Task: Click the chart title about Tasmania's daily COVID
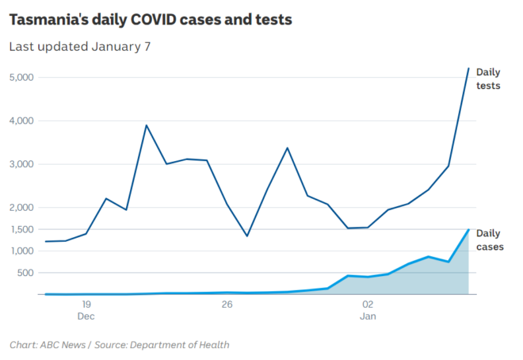pos(151,20)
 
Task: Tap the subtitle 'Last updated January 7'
pos(80,46)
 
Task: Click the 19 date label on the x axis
pos(86,304)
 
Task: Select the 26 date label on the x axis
pos(227,304)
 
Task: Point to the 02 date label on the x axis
pos(368,304)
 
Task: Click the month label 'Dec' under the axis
pos(86,316)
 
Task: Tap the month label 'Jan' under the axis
pos(368,316)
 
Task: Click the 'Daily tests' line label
pos(488,79)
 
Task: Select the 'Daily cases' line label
pos(489,240)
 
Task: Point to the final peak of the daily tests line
pos(468,69)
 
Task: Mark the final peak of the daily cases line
pos(468,230)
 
